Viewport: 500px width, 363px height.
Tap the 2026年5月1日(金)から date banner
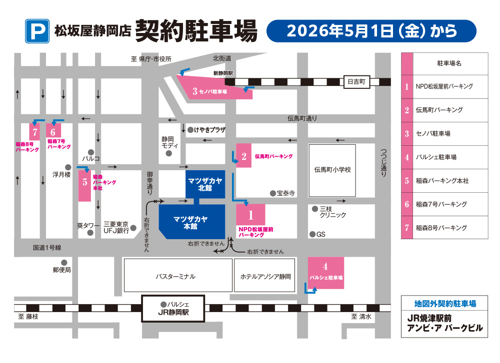click(x=371, y=31)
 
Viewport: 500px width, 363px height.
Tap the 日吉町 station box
click(x=356, y=81)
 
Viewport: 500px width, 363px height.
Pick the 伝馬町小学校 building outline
click(x=332, y=170)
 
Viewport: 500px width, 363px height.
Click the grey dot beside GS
click(x=312, y=234)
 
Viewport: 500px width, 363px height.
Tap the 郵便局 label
click(x=62, y=270)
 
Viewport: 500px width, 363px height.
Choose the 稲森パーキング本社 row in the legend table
click(x=444, y=181)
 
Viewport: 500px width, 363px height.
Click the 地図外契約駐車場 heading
click(x=444, y=303)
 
